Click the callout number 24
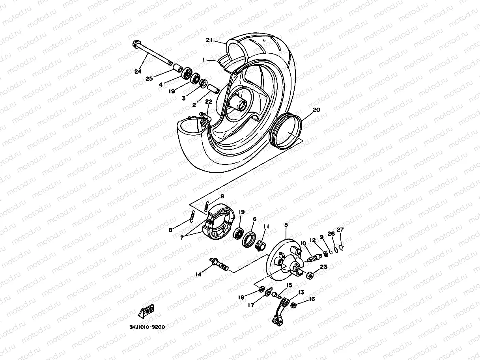[137, 71]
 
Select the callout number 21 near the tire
[209, 40]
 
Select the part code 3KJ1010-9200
[147, 327]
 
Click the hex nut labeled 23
[310, 274]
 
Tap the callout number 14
[198, 274]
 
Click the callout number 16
[312, 299]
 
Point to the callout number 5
[286, 225]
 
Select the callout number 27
[340, 229]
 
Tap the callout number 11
[266, 226]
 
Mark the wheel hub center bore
[241, 105]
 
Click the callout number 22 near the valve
[209, 101]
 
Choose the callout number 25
[149, 79]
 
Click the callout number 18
[241, 297]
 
